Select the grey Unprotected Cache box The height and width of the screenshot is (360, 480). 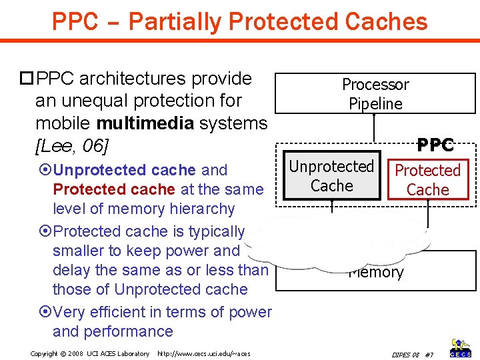pyautogui.click(x=331, y=176)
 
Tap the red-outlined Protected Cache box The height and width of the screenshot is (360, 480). pyautogui.click(x=427, y=179)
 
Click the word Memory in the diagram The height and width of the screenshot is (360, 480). pyautogui.click(x=376, y=273)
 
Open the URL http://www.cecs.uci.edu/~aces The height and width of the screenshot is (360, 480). pyautogui.click(x=203, y=353)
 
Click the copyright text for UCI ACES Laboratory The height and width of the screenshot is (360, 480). pyautogui.click(x=90, y=353)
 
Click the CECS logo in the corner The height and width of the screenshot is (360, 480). pyautogui.click(x=461, y=348)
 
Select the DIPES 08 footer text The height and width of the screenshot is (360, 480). pyautogui.click(x=405, y=354)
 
